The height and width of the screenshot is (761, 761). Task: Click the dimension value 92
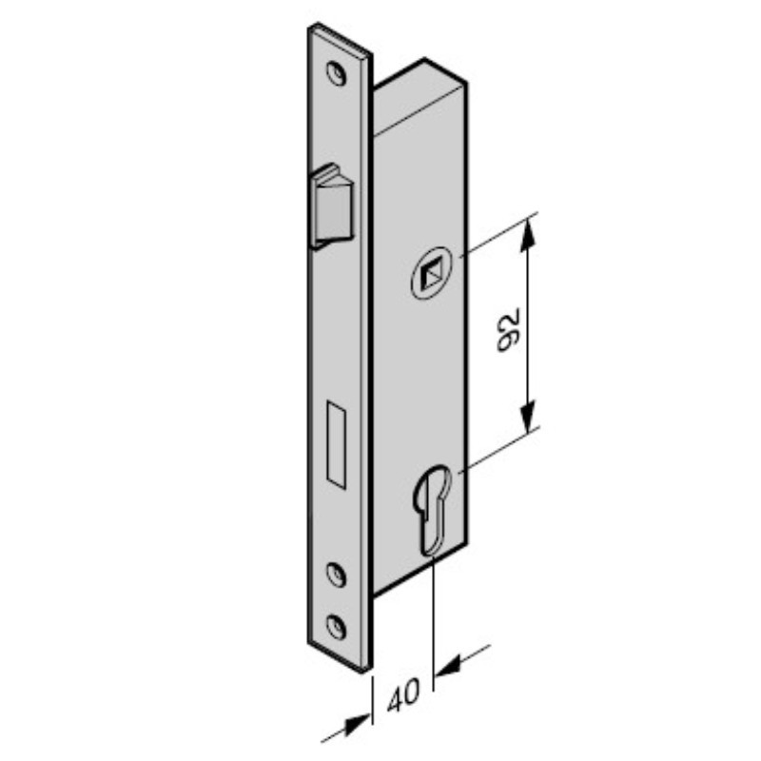508,329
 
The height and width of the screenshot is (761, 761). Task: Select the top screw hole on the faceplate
337,73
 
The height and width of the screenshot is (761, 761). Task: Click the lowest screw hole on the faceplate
337,626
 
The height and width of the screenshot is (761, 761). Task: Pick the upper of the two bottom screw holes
336,575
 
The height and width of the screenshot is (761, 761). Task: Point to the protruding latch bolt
333,205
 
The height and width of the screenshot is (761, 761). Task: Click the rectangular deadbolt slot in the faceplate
337,444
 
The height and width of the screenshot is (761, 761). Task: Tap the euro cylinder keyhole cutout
431,510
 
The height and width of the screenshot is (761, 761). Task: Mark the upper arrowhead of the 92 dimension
528,235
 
